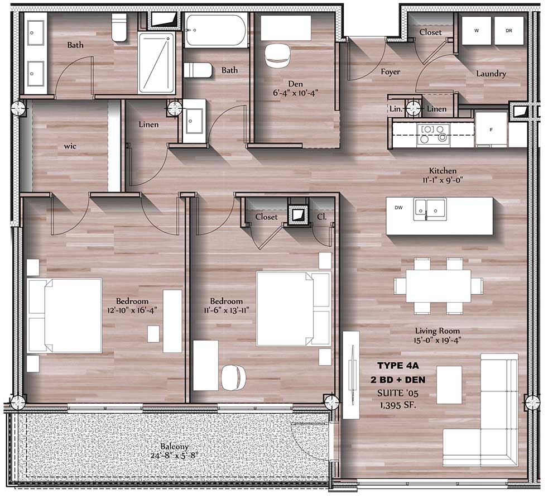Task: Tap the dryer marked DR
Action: click(x=509, y=31)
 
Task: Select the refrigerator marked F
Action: click(x=491, y=130)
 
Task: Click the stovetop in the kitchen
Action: click(x=433, y=134)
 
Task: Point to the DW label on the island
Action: click(x=398, y=208)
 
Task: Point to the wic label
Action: click(x=69, y=147)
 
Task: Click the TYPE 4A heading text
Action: click(x=397, y=366)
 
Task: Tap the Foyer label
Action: click(x=390, y=71)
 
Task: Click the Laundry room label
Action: click(x=491, y=73)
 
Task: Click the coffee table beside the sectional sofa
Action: click(x=449, y=384)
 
